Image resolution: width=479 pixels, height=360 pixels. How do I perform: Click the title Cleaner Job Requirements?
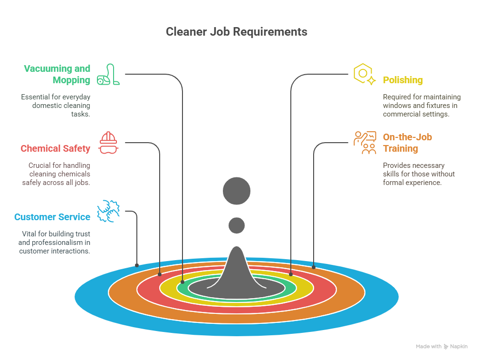pyautogui.click(x=237, y=32)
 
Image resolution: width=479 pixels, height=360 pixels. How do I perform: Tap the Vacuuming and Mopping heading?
pyautogui.click(x=57, y=74)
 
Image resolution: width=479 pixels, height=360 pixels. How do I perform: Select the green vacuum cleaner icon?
pyautogui.click(x=108, y=74)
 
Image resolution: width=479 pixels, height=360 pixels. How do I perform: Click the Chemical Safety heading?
pyautogui.click(x=55, y=148)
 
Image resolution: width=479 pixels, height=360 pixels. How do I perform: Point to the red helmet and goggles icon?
pyautogui.click(x=108, y=143)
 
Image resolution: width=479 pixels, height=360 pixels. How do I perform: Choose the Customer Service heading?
pyautogui.click(x=52, y=217)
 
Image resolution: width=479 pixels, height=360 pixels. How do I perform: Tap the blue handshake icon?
pyautogui.click(x=108, y=212)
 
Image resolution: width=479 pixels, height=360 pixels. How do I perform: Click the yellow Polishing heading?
pyautogui.click(x=403, y=80)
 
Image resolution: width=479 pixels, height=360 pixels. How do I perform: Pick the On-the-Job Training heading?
pyautogui.click(x=407, y=143)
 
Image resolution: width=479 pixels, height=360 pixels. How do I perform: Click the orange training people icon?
pyautogui.click(x=364, y=142)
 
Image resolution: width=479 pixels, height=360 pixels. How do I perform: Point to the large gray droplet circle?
pyautogui.click(x=237, y=191)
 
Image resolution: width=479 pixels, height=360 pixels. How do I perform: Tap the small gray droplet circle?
pyautogui.click(x=237, y=225)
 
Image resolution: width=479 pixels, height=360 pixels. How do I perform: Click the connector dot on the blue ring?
pyautogui.click(x=137, y=265)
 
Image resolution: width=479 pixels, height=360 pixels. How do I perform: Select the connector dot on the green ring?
pyautogui.click(x=182, y=282)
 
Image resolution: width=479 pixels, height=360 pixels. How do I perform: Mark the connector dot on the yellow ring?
pyautogui.click(x=291, y=274)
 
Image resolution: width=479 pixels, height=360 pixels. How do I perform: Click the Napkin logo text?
pyautogui.click(x=459, y=347)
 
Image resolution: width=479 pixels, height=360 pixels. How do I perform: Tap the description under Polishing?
pyautogui.click(x=422, y=106)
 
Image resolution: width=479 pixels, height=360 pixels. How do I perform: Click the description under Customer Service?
pyautogui.click(x=55, y=243)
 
